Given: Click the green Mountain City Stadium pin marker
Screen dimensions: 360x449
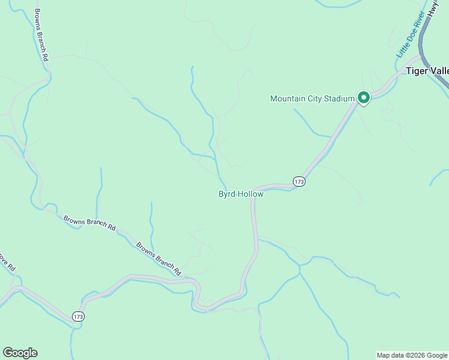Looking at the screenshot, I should [363, 97].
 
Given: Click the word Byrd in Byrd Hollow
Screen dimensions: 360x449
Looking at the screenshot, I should [226, 194].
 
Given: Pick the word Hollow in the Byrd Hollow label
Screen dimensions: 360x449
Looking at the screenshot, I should [250, 194].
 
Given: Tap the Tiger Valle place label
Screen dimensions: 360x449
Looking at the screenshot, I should [427, 71].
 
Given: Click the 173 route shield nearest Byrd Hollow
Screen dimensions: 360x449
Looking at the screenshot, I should [300, 181].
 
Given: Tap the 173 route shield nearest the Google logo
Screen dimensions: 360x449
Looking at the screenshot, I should [78, 316].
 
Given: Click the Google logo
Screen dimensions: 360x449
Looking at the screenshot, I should [20, 353].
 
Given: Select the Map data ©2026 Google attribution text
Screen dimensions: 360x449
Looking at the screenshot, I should [412, 355].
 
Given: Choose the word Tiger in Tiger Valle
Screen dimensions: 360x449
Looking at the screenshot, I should [417, 71].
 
